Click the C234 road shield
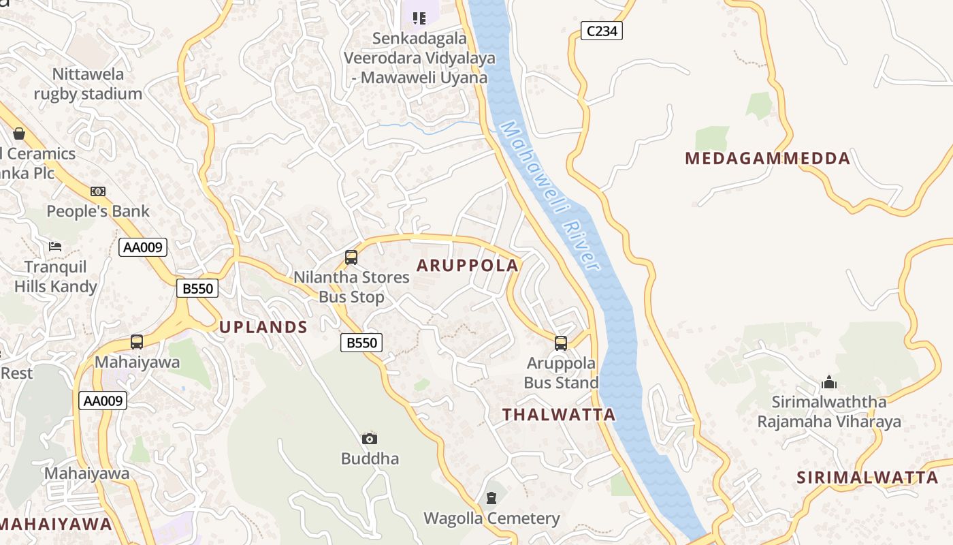click(x=602, y=31)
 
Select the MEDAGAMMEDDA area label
click(x=767, y=159)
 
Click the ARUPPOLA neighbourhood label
click(x=467, y=265)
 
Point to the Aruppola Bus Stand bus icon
click(x=561, y=343)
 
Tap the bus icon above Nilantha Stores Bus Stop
click(x=351, y=258)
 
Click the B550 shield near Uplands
click(x=198, y=288)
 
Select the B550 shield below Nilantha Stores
click(x=361, y=343)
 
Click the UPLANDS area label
click(x=263, y=327)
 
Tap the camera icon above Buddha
click(x=370, y=439)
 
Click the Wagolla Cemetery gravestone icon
click(x=491, y=498)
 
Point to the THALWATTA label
click(x=559, y=414)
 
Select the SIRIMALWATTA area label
click(x=867, y=477)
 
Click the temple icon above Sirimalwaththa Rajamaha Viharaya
click(x=829, y=381)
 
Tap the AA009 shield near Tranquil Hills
click(x=143, y=247)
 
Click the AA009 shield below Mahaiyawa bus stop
click(x=103, y=401)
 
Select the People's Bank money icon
click(x=98, y=191)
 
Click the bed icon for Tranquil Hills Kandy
click(x=56, y=246)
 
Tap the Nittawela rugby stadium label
click(x=88, y=84)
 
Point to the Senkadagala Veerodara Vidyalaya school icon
click(x=419, y=18)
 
